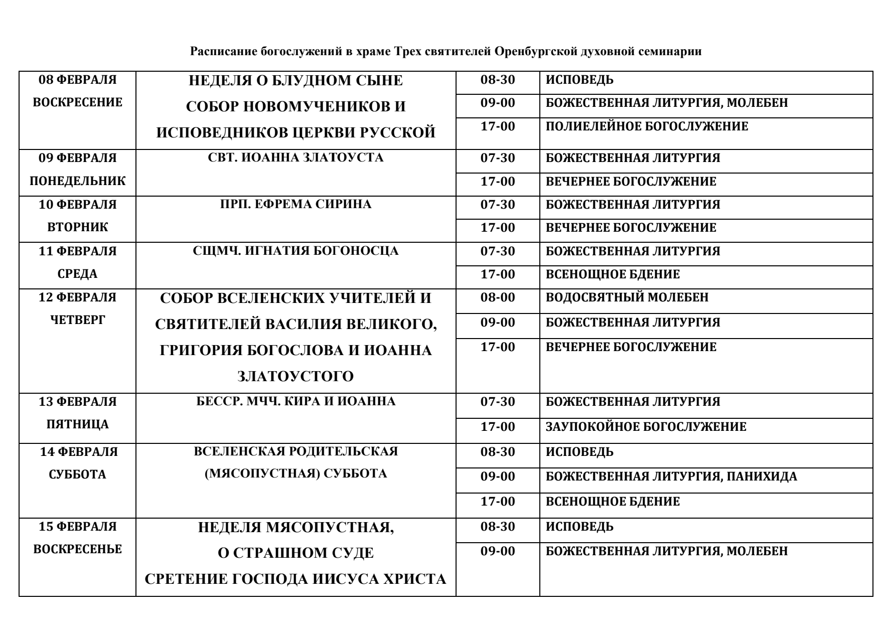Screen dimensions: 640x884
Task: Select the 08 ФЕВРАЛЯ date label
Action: (77, 80)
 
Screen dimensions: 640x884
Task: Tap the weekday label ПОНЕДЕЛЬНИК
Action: (77, 181)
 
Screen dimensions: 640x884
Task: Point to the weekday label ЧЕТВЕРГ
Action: (77, 320)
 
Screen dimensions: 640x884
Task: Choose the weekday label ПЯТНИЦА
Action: (77, 424)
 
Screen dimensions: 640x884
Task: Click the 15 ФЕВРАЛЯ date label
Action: (77, 527)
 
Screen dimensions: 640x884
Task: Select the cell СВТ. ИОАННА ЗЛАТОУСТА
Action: (296, 158)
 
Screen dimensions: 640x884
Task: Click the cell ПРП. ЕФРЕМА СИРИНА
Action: (296, 205)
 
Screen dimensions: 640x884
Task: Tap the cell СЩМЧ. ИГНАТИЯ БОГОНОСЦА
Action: (296, 251)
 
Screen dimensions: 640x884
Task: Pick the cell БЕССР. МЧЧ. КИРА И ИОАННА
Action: (296, 402)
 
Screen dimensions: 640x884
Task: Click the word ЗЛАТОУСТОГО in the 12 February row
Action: (296, 377)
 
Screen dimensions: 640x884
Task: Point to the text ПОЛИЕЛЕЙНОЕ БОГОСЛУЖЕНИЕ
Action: (647, 126)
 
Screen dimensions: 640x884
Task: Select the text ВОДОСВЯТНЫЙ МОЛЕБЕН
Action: (627, 297)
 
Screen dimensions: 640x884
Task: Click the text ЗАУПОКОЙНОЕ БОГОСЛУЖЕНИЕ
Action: (646, 427)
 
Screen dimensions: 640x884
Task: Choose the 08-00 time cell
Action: (498, 297)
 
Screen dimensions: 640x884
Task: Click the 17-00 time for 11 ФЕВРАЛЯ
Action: (498, 274)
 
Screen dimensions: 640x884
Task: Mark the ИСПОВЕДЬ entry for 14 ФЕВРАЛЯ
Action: (579, 452)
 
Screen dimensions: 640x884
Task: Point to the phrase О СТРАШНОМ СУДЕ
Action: (296, 553)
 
